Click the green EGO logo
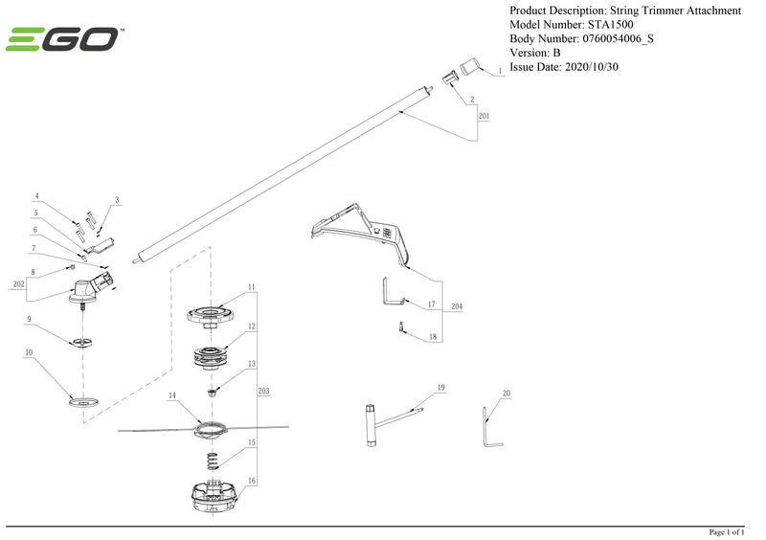pos(63,39)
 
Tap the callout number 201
pos(484,115)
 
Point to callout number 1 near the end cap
pos(500,73)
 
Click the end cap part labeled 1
pos(469,66)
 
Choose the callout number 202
pos(18,284)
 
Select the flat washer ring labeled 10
pos(85,401)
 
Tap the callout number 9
pos(30,319)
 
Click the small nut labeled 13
pos(214,390)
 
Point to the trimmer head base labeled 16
pos(214,496)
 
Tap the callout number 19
pos(441,387)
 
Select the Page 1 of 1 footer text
pos(732,531)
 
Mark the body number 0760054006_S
pos(618,39)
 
